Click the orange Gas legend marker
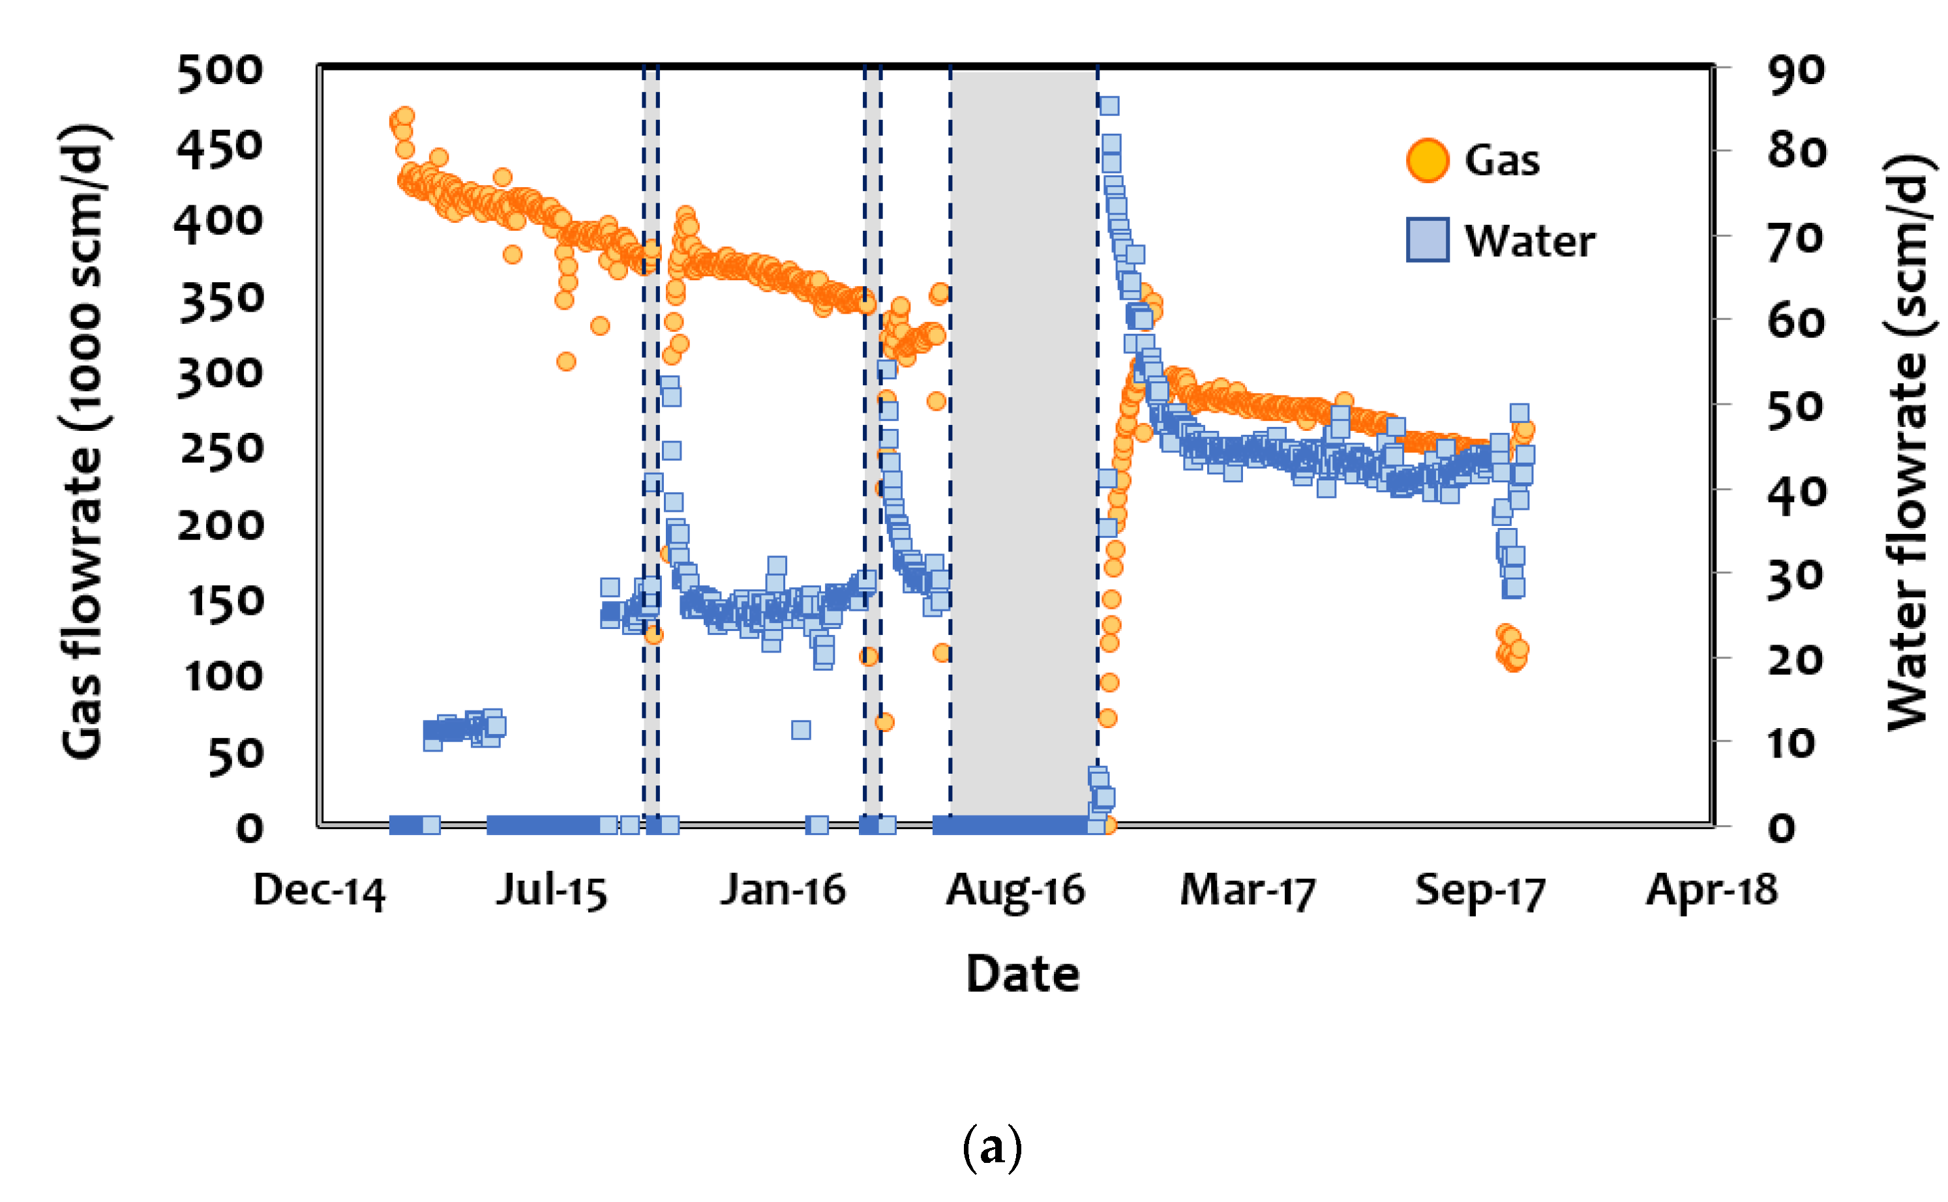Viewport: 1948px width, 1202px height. point(1426,160)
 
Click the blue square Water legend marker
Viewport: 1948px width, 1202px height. point(1426,239)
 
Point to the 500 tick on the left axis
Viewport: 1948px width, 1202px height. point(219,72)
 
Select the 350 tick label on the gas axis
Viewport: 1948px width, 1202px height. point(221,302)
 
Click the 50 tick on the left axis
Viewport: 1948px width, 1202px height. point(235,756)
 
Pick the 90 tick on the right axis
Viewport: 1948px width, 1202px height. point(1795,72)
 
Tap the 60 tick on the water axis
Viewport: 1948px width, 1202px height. point(1795,323)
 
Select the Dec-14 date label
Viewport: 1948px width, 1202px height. point(319,891)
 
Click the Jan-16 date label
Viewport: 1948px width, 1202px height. point(783,890)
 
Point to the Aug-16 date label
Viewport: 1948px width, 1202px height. point(1015,891)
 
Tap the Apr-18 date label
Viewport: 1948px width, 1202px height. point(1711,890)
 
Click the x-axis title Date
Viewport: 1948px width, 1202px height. point(1023,974)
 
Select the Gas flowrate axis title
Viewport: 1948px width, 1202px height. point(82,442)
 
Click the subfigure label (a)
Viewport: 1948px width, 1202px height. point(991,1147)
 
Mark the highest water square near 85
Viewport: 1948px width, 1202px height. point(1109,106)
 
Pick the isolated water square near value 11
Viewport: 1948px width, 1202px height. point(801,730)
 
